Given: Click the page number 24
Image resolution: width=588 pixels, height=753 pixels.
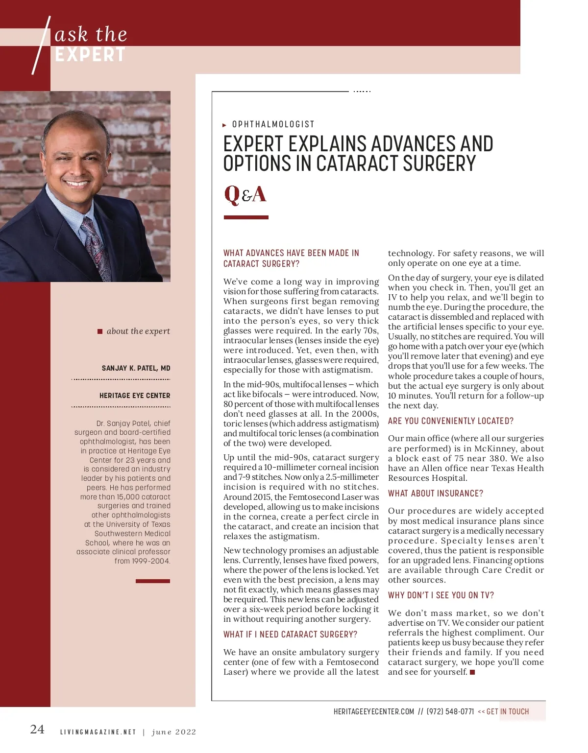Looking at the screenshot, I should (37, 729).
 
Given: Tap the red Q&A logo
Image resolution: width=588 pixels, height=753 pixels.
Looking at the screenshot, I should (245, 194).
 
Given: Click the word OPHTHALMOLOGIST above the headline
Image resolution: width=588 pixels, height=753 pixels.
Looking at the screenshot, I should (273, 124).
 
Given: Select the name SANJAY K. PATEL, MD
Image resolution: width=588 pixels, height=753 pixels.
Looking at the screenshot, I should (136, 368).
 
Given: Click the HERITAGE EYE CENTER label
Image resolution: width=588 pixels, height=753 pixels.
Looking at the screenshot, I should (135, 396).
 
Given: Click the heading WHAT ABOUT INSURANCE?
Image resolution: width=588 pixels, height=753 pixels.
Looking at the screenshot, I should (436, 494).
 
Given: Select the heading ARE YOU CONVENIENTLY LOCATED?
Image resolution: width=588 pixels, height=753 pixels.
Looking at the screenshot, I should (451, 421).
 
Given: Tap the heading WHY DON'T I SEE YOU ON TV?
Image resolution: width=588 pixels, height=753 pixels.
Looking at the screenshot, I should (441, 595).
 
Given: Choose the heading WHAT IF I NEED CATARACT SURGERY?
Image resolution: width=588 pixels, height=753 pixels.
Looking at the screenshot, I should (290, 635).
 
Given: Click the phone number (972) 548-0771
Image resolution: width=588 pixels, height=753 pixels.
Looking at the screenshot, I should (450, 711).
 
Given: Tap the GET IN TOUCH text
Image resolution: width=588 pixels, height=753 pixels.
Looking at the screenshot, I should (508, 711).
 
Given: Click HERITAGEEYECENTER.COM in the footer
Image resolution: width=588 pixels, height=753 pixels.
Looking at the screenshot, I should (374, 711).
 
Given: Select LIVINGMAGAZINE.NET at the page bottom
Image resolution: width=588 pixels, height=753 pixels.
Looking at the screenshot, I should (98, 732).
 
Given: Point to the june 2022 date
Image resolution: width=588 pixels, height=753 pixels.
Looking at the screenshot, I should (174, 732).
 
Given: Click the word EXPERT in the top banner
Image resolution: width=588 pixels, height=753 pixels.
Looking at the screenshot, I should (90, 55).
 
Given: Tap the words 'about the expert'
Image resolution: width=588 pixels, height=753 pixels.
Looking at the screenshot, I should (138, 331).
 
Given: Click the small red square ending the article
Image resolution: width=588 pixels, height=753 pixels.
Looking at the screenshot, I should (472, 672).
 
